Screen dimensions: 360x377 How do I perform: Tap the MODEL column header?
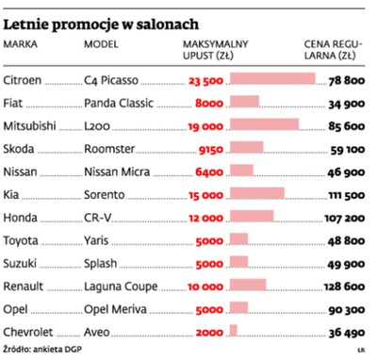(101, 43)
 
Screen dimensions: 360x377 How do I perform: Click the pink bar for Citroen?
(272, 79)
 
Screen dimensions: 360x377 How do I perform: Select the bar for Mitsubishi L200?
(264, 124)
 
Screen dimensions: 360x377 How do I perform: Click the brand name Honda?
(23, 216)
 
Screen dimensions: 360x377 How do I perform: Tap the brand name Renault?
(25, 285)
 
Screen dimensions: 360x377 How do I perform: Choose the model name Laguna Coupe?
(117, 285)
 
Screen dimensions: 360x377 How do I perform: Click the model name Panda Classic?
(116, 102)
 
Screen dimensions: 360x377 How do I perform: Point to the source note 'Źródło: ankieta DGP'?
(41, 349)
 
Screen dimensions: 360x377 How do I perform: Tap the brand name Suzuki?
(23, 262)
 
